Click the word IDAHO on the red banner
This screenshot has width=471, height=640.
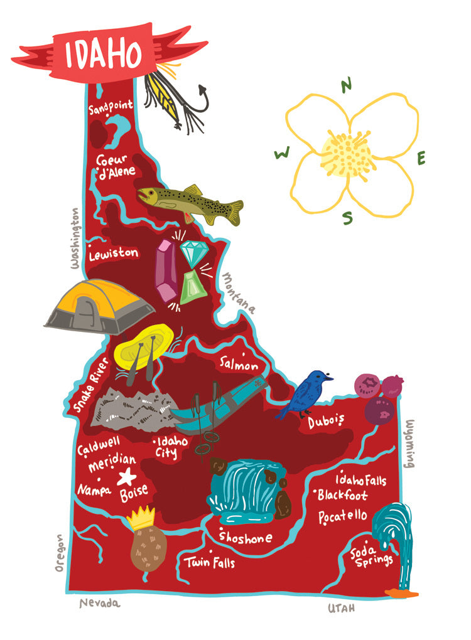pyautogui.click(x=103, y=54)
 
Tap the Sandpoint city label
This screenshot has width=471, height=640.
pyautogui.click(x=111, y=108)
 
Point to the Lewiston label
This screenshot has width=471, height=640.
pyautogui.click(x=113, y=254)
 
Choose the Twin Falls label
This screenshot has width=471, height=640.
pyautogui.click(x=210, y=562)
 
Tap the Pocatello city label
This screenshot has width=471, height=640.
pyautogui.click(x=342, y=516)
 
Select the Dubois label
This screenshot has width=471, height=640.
pyautogui.click(x=327, y=422)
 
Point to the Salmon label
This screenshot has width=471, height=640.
pyautogui.click(x=239, y=364)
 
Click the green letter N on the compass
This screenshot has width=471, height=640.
pyautogui.click(x=346, y=87)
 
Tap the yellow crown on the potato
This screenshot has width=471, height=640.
pyautogui.click(x=142, y=518)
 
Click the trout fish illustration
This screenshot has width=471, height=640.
pyautogui.click(x=190, y=203)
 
